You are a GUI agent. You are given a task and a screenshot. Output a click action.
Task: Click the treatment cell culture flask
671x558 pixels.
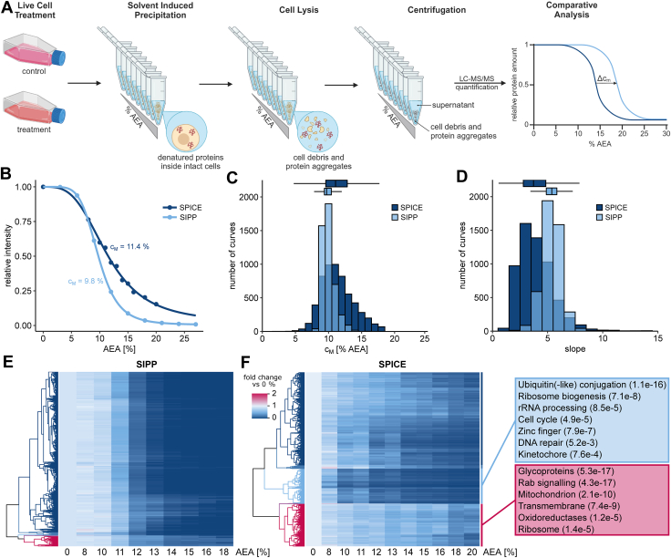point(35,108)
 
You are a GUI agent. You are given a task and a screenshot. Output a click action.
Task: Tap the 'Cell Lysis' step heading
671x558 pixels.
point(299,10)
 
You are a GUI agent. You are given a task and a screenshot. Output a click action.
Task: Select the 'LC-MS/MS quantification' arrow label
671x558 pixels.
point(476,83)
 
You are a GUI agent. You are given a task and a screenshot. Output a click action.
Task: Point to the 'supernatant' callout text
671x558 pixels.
point(453,105)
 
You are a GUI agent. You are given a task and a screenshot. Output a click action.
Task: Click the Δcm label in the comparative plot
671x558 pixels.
point(604,78)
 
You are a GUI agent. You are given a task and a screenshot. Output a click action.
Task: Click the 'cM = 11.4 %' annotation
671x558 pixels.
point(129,247)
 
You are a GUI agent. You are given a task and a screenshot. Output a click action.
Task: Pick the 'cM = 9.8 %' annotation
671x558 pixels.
point(86,281)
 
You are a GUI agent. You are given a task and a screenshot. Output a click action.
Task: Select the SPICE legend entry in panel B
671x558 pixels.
point(181,208)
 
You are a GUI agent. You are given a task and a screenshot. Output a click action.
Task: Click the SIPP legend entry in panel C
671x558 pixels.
point(405,217)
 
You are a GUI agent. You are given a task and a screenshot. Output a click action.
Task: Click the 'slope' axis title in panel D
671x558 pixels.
point(574,348)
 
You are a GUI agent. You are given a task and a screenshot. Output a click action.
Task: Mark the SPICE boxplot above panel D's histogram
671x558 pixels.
point(534,183)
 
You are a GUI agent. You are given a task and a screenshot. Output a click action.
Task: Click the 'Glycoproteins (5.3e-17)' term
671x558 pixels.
point(566,471)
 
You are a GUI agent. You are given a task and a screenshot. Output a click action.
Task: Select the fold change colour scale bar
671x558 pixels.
point(259,405)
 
